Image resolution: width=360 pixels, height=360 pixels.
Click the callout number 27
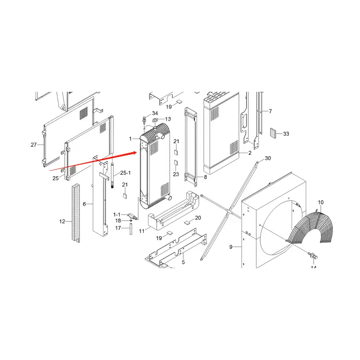(33, 144)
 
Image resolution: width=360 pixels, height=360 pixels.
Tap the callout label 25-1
(125, 173)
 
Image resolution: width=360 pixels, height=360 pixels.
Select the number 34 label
(155, 113)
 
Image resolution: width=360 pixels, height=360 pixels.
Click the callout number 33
(286, 134)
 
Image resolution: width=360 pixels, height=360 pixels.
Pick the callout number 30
(268, 158)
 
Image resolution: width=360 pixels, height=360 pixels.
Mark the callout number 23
(176, 174)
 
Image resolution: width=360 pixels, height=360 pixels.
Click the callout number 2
(249, 153)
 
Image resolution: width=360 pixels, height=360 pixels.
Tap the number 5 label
(184, 262)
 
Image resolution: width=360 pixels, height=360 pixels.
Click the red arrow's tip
(136, 153)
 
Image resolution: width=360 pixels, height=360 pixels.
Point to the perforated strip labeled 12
(75, 214)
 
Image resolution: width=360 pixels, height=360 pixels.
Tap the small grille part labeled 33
(273, 133)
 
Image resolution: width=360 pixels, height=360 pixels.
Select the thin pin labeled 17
(130, 229)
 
